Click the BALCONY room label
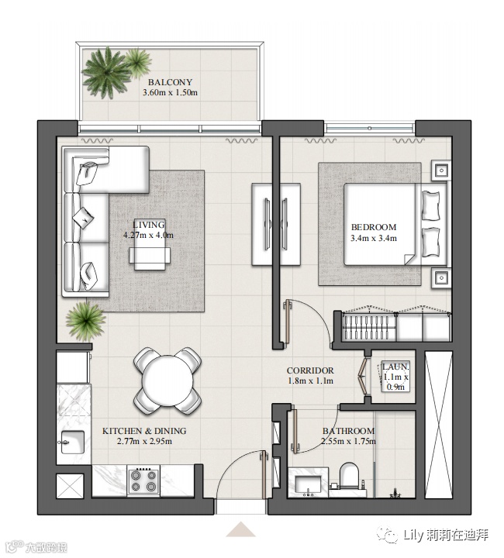(x=170, y=82)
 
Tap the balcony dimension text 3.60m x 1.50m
(x=170, y=93)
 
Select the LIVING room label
(x=148, y=225)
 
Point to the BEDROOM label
(x=374, y=227)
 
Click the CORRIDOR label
(x=310, y=370)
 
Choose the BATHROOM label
(x=348, y=431)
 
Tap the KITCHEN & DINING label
(x=144, y=431)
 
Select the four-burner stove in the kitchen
(x=143, y=480)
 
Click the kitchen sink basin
(x=73, y=442)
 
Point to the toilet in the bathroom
(x=350, y=475)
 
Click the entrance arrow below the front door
(x=241, y=529)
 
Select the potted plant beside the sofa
(x=86, y=322)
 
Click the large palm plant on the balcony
(x=106, y=73)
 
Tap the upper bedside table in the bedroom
(x=441, y=170)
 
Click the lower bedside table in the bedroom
(x=441, y=277)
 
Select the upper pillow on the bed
(x=430, y=205)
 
